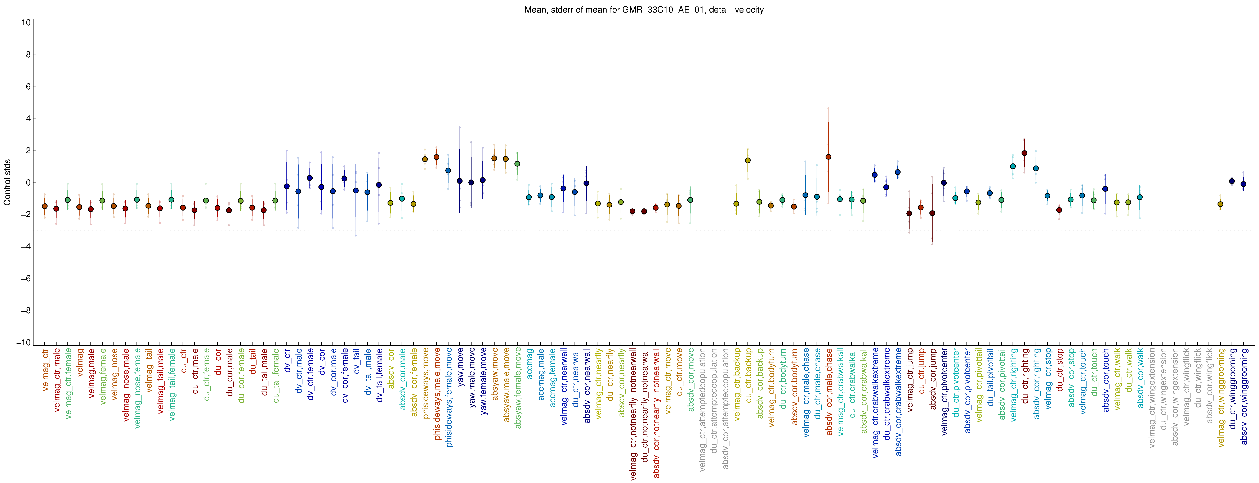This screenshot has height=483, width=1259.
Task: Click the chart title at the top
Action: click(644, 10)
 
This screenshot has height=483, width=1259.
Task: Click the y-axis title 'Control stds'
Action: click(7, 182)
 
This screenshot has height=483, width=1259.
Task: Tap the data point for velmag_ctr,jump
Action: click(909, 213)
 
